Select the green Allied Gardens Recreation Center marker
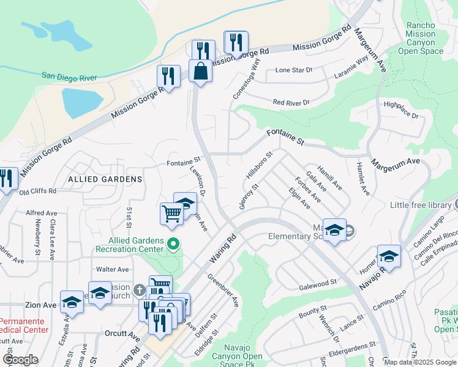pyautogui.click(x=173, y=245)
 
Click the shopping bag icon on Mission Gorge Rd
pyautogui.click(x=200, y=72)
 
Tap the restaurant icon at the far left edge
pyautogui.click(x=6, y=179)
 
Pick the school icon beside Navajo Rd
pyautogui.click(x=389, y=256)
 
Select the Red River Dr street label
pyautogui.click(x=291, y=102)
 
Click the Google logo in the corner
pyautogui.click(x=20, y=360)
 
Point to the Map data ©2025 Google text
pyautogui.click(x=420, y=362)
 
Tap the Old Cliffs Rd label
pyautogui.click(x=37, y=191)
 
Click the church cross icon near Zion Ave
pyautogui.click(x=140, y=289)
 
